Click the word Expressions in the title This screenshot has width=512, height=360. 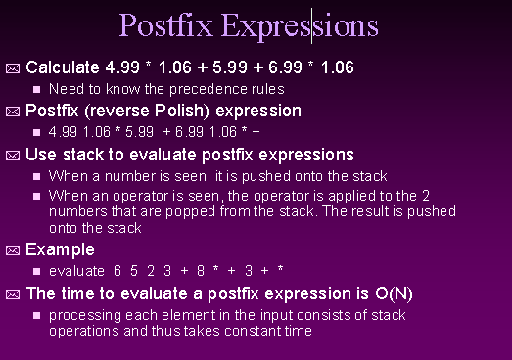point(300,25)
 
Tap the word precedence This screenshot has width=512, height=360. point(187,89)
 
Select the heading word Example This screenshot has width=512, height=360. point(60,249)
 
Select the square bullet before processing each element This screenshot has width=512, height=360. point(37,316)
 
